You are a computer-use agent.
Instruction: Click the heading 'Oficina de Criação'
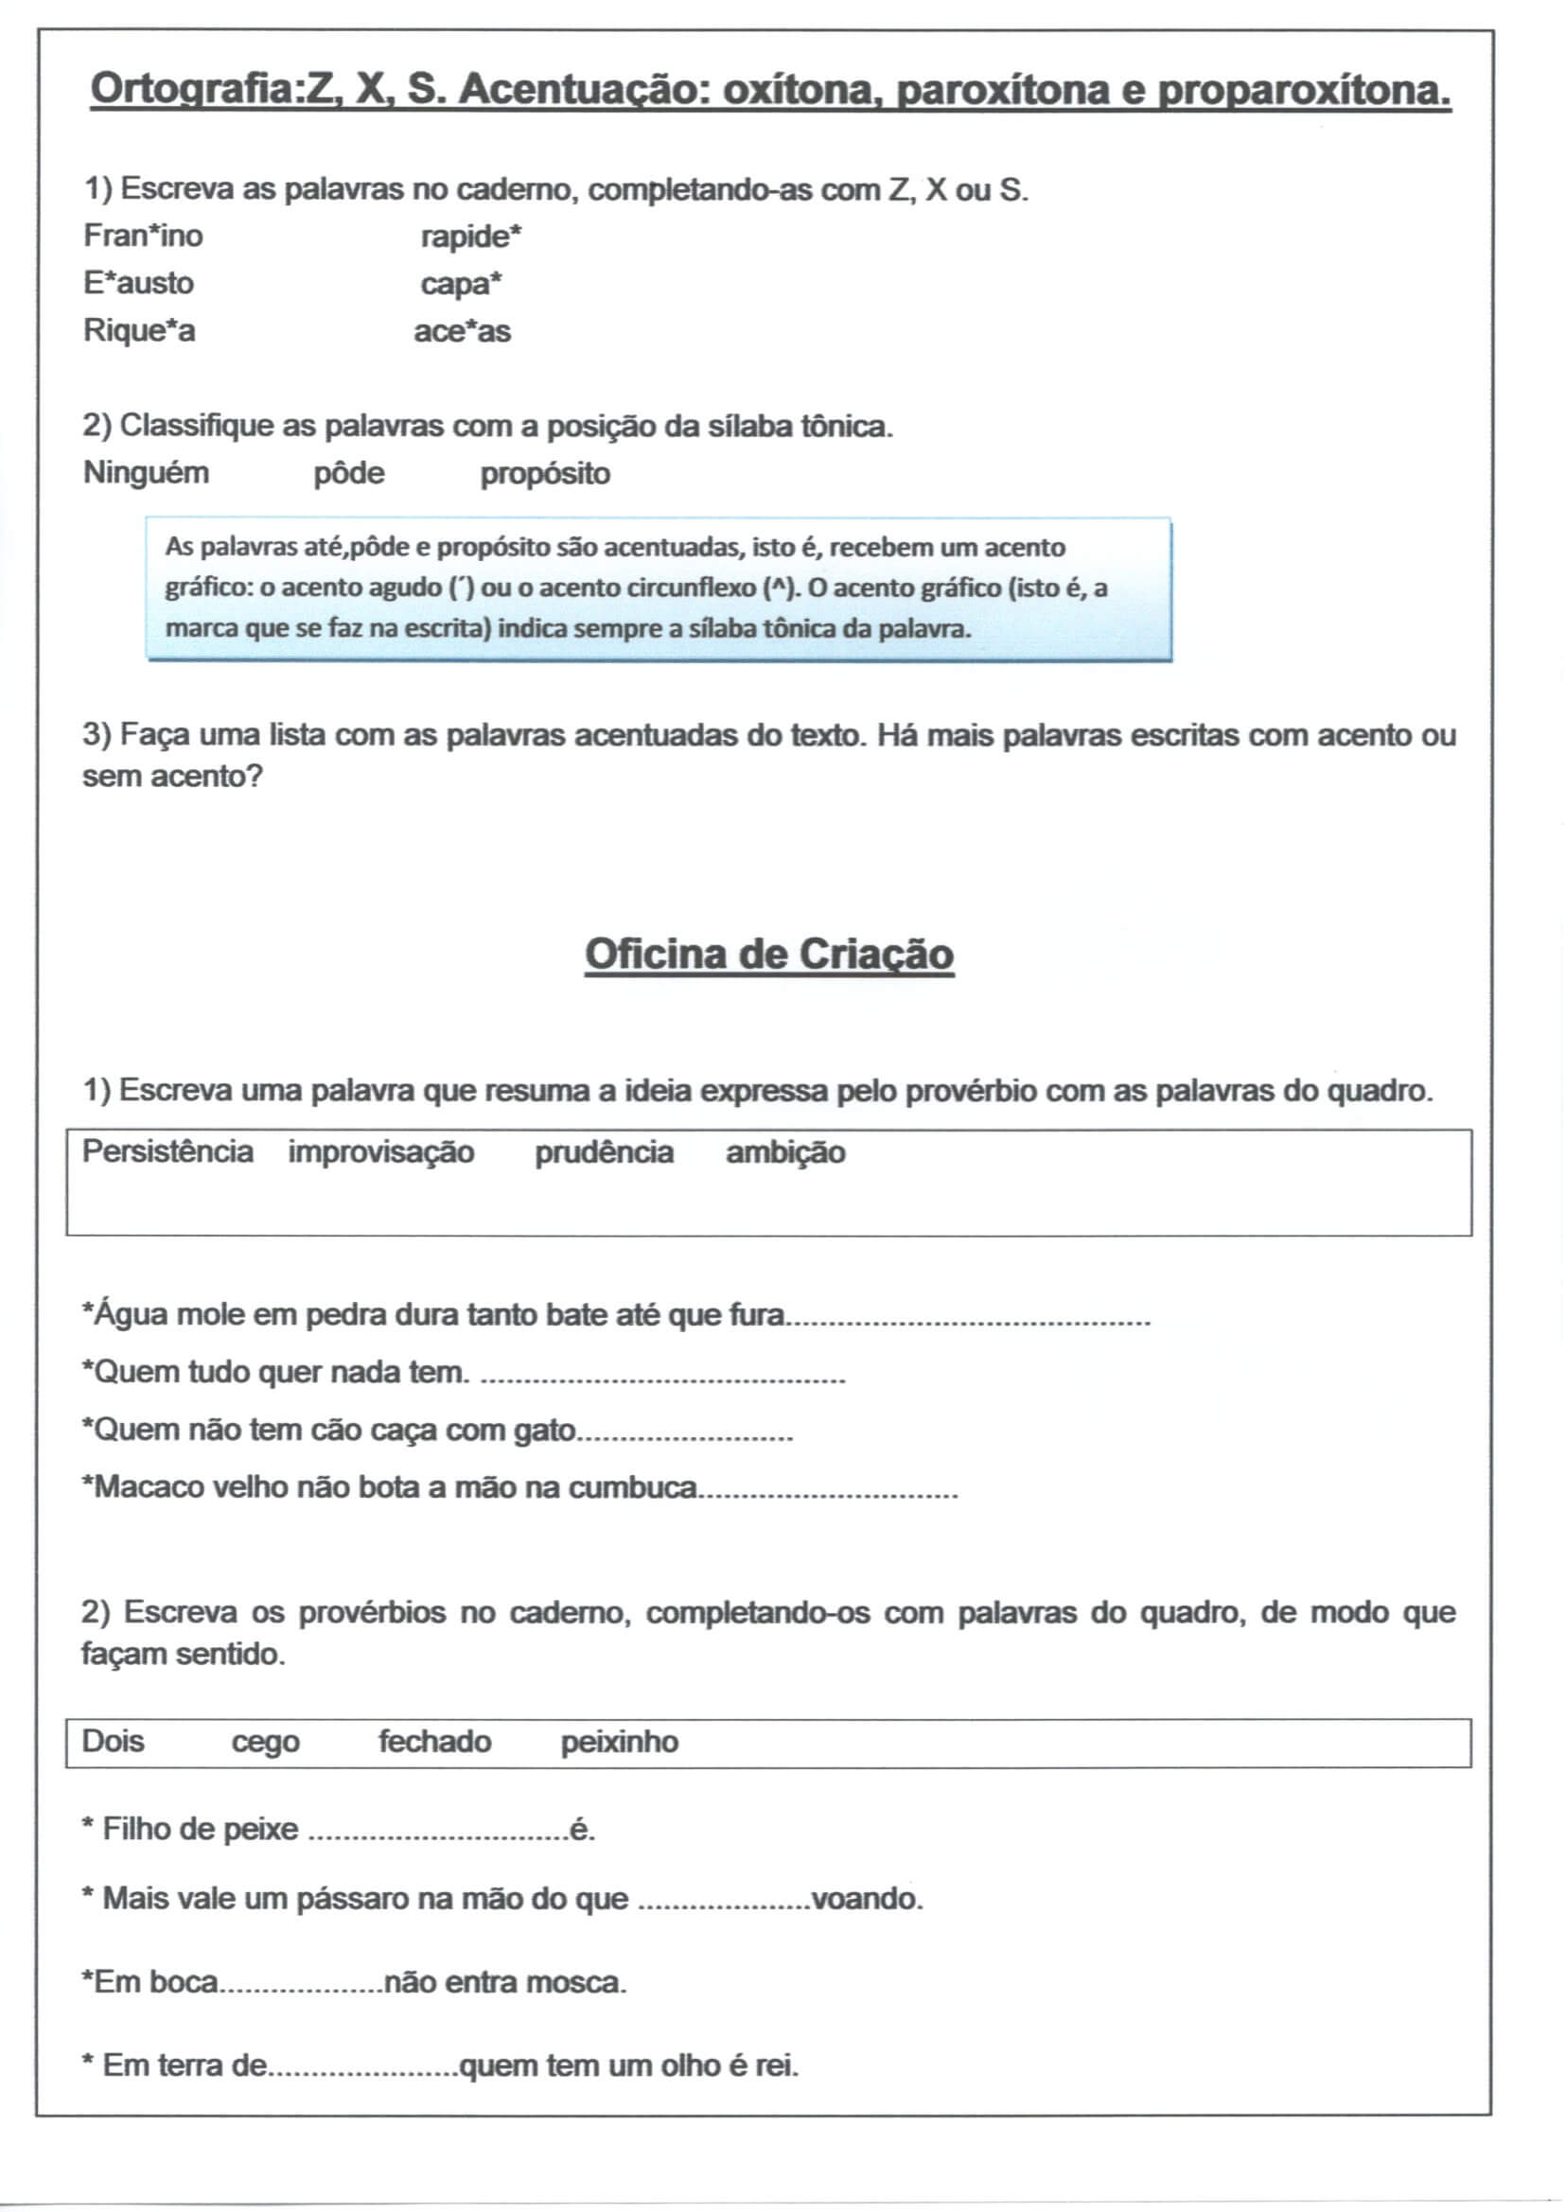pos(769,955)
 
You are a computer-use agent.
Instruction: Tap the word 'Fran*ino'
pos(143,235)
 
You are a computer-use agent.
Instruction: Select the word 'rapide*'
pos(471,236)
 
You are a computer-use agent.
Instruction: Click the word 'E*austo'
pos(138,283)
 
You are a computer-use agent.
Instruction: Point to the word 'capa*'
pos(462,284)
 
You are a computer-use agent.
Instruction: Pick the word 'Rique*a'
pos(139,330)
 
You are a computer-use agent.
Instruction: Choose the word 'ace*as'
pos(462,331)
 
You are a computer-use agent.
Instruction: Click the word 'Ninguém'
pos(146,473)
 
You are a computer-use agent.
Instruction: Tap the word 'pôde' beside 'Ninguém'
pos(349,474)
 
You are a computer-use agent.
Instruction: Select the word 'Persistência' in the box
pos(167,1152)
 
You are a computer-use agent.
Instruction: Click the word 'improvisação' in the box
pos(380,1153)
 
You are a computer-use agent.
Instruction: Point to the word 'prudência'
pos(604,1153)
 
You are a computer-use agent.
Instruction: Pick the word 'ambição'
pos(785,1153)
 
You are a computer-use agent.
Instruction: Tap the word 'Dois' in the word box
pos(113,1742)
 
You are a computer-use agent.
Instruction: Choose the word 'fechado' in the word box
pos(434,1742)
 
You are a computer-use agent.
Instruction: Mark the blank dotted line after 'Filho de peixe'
pos(438,1832)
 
